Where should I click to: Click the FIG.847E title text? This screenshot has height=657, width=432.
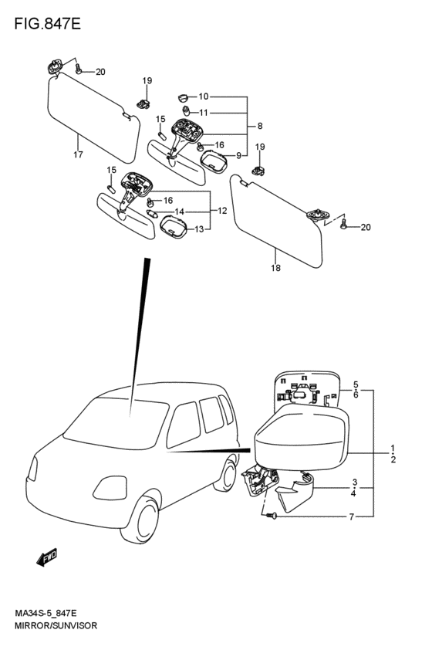(47, 24)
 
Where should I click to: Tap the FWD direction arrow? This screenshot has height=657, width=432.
(47, 557)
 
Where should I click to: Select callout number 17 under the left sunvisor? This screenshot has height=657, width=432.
(78, 154)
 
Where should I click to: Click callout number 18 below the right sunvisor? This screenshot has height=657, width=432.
(275, 268)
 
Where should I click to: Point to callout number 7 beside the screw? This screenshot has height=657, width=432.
(352, 517)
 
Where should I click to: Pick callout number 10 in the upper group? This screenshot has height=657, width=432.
(204, 97)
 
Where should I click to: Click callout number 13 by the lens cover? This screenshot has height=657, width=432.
(199, 229)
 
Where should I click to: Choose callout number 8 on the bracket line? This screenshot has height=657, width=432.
(260, 126)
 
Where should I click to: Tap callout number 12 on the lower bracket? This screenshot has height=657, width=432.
(222, 211)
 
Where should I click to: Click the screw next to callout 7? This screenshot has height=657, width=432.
(272, 516)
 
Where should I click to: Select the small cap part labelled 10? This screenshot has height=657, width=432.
(183, 97)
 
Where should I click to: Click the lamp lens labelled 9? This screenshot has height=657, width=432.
(214, 162)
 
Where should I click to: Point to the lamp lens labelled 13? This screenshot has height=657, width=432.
(174, 227)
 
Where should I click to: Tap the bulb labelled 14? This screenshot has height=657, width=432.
(153, 214)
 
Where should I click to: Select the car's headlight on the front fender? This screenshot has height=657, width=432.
(110, 488)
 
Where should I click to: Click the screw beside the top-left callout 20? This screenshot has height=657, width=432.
(78, 69)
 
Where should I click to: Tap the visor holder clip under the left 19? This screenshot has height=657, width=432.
(143, 103)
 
